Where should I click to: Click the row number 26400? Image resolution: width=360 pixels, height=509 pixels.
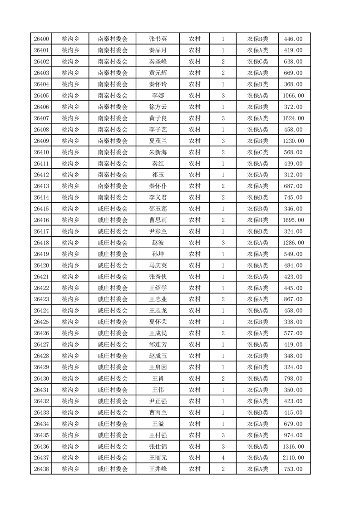(x=41, y=39)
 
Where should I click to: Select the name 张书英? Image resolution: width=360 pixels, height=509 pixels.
(x=158, y=39)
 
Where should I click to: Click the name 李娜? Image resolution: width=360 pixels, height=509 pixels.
(x=158, y=95)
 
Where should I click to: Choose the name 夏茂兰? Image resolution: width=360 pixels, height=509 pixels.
(x=158, y=141)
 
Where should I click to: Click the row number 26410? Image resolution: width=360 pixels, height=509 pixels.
(x=41, y=152)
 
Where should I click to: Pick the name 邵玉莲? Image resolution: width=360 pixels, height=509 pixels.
(x=158, y=209)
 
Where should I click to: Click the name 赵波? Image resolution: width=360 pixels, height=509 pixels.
(x=158, y=243)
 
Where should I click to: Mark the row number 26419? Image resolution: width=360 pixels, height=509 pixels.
(x=41, y=254)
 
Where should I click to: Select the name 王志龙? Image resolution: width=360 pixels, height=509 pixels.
(x=158, y=310)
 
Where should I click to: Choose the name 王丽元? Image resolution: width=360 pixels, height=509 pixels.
(x=158, y=458)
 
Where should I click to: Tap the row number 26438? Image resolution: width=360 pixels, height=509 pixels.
(x=41, y=469)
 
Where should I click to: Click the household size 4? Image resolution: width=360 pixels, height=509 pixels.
(x=223, y=458)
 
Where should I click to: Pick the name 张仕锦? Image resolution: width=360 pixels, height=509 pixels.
(x=158, y=446)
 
